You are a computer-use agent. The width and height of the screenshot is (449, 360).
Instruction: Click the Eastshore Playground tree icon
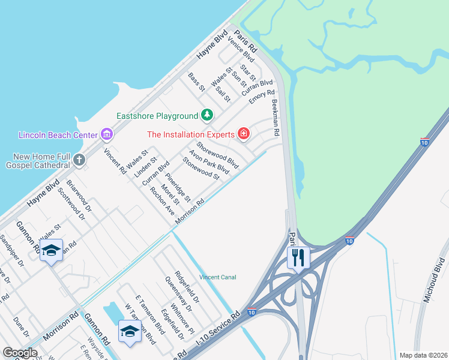click(x=206, y=114)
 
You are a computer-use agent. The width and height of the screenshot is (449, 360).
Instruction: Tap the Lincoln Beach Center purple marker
click(x=107, y=133)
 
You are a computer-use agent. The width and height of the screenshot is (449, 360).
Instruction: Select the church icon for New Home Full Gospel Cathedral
click(x=79, y=160)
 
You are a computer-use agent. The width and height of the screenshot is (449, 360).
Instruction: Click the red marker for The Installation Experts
click(x=244, y=133)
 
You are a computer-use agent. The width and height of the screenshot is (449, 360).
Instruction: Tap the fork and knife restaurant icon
click(x=298, y=258)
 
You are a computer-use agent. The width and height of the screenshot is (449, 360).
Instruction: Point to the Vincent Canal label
click(x=218, y=277)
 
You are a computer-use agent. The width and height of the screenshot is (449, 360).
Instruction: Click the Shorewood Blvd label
click(x=218, y=155)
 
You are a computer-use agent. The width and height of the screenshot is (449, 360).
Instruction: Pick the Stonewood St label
click(x=201, y=168)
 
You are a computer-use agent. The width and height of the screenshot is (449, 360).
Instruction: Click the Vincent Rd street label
click(x=115, y=161)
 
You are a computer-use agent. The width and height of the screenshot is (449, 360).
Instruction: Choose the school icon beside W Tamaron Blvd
click(x=130, y=331)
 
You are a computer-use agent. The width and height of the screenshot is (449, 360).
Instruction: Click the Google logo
click(x=20, y=353)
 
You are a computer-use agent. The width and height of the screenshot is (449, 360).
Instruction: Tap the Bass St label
click(x=196, y=82)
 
